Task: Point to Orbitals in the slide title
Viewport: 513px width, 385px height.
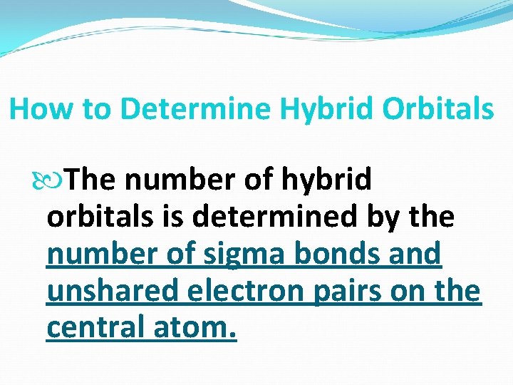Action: (437, 109)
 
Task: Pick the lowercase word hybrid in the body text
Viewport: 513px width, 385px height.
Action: (328, 180)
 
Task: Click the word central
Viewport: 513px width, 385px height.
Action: (95, 328)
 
